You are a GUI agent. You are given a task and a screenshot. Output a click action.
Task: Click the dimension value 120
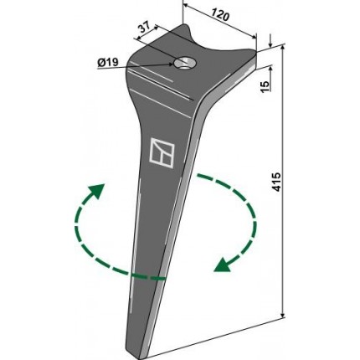(220, 15)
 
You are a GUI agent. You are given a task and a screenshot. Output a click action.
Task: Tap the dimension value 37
(145, 28)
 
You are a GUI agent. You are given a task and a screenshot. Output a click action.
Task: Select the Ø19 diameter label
(108, 63)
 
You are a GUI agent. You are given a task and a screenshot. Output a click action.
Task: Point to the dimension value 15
(265, 85)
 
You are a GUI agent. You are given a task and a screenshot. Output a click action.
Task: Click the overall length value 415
(276, 182)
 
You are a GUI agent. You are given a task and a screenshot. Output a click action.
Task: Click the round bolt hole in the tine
(184, 63)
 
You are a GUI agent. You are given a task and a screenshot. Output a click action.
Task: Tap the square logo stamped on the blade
(162, 153)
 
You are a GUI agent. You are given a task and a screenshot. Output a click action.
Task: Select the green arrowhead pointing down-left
(223, 265)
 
